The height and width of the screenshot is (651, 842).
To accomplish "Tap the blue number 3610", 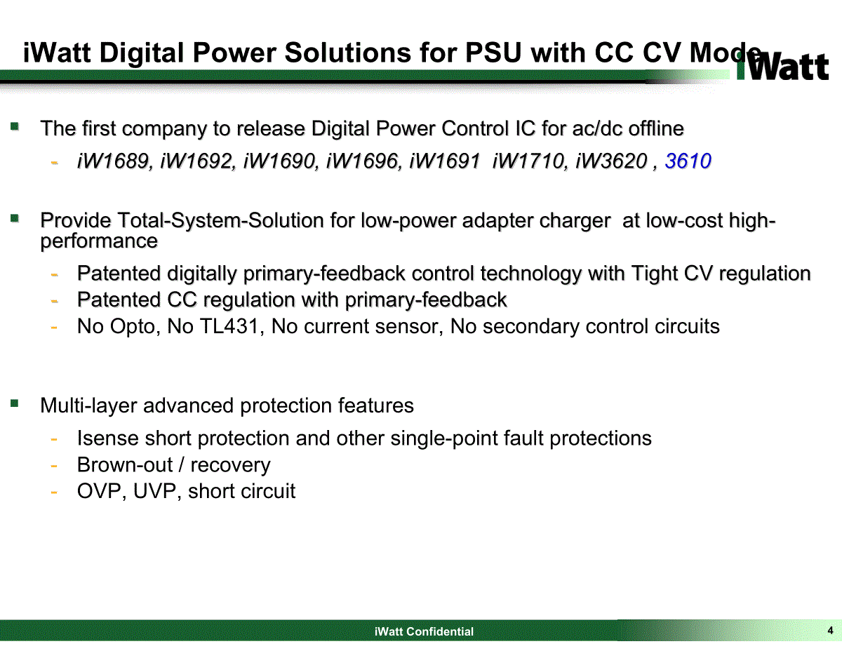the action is click(688, 161).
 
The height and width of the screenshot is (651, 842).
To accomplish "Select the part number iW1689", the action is click(113, 161).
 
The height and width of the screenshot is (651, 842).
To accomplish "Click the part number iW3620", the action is click(611, 161).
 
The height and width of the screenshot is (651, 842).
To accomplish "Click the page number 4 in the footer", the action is click(830, 630).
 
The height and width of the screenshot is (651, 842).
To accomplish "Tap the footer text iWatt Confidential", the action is click(424, 631).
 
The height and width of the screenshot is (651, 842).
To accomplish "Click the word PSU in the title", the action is click(493, 53).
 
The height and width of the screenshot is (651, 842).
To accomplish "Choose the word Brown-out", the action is click(125, 464).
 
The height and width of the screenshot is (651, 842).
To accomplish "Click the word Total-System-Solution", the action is click(220, 221).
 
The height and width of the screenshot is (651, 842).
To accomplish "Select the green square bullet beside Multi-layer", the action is click(15, 403).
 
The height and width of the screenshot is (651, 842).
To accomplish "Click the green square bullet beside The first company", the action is click(15, 126).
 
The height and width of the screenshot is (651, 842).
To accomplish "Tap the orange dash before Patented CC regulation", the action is click(54, 301).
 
